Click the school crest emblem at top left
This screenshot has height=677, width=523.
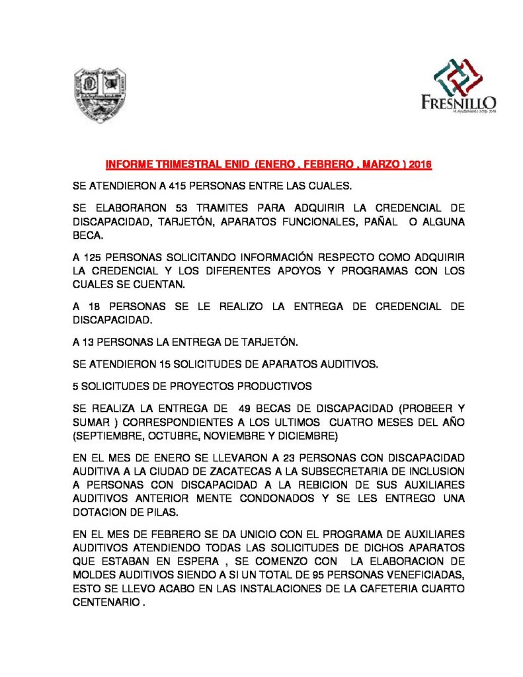point(99,95)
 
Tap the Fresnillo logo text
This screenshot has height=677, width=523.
point(458,102)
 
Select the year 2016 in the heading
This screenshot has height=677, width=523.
point(420,164)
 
